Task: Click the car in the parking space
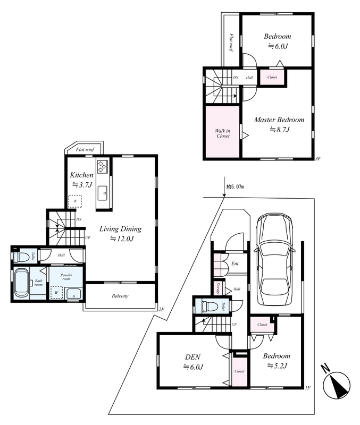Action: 274,259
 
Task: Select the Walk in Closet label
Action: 222,133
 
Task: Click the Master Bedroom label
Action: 279,120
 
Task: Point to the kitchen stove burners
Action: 102,166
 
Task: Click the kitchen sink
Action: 102,193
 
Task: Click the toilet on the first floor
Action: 210,307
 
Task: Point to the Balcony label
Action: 120,296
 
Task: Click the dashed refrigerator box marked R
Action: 75,201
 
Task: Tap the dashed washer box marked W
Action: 57,293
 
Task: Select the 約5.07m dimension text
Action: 235,187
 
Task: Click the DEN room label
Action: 193,356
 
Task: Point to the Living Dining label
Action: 120,229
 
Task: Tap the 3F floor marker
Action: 318,158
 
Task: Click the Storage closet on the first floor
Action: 218,288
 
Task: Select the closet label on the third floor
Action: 272,77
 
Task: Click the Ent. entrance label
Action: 235,263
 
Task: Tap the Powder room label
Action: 66,277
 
